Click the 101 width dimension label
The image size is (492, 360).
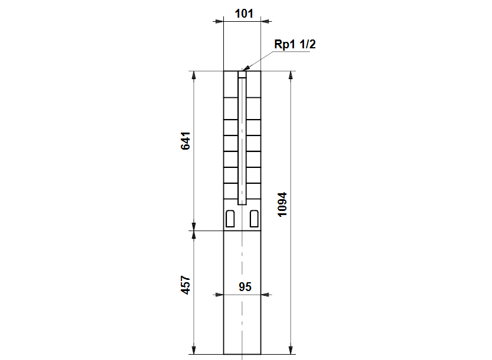coord(244,14)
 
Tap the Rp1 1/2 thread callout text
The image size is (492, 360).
coord(295,44)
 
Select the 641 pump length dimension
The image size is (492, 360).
coord(186,141)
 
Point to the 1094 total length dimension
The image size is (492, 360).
coord(282,204)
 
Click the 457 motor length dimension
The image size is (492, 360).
coord(186,285)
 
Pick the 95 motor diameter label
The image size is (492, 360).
coord(245,287)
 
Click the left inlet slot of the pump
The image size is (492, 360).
coord(230,219)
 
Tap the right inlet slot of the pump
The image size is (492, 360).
coord(254,219)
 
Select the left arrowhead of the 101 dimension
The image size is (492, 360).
coord(219,21)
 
